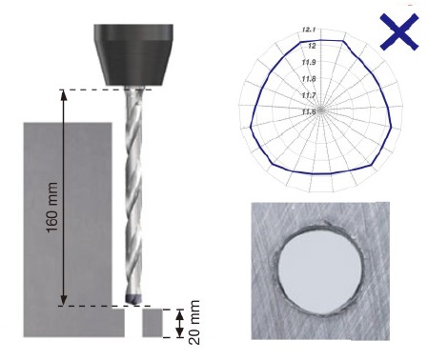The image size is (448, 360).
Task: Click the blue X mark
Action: tap(399, 31)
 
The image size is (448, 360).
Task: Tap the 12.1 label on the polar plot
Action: tap(309, 30)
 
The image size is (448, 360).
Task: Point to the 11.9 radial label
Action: tap(309, 62)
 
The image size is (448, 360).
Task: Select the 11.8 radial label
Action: tap(309, 79)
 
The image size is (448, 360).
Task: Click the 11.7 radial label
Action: tap(309, 95)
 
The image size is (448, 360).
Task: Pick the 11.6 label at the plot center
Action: tap(309, 111)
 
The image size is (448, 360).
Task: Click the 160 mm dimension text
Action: tap(52, 208)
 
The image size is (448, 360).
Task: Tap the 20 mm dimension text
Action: tap(194, 323)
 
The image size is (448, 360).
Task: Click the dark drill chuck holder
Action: tap(133, 54)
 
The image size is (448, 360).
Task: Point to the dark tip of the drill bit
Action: tap(133, 299)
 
